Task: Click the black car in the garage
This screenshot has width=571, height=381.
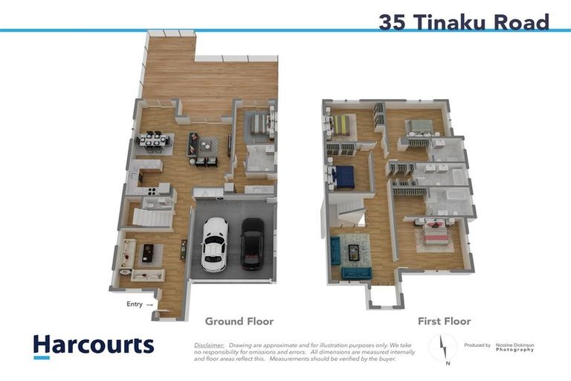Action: [x=252, y=243]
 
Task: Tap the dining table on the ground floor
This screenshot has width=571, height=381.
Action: [x=155, y=140]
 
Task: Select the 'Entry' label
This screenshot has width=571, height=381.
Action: [x=135, y=304]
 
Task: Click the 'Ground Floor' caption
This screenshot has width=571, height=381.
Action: [x=239, y=321]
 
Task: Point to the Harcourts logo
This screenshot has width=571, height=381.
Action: [x=93, y=346]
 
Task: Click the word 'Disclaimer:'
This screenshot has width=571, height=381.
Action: [x=209, y=345]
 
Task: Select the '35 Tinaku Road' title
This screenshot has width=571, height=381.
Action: [x=463, y=22]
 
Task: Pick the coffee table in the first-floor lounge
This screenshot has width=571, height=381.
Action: [x=354, y=252]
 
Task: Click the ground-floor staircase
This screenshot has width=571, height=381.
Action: [x=152, y=218]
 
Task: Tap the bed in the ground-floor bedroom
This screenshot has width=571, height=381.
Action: [x=259, y=124]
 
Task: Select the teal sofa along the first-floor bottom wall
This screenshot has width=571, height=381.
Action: [x=357, y=273]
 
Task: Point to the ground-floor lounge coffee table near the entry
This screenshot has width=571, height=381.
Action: [x=147, y=253]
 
